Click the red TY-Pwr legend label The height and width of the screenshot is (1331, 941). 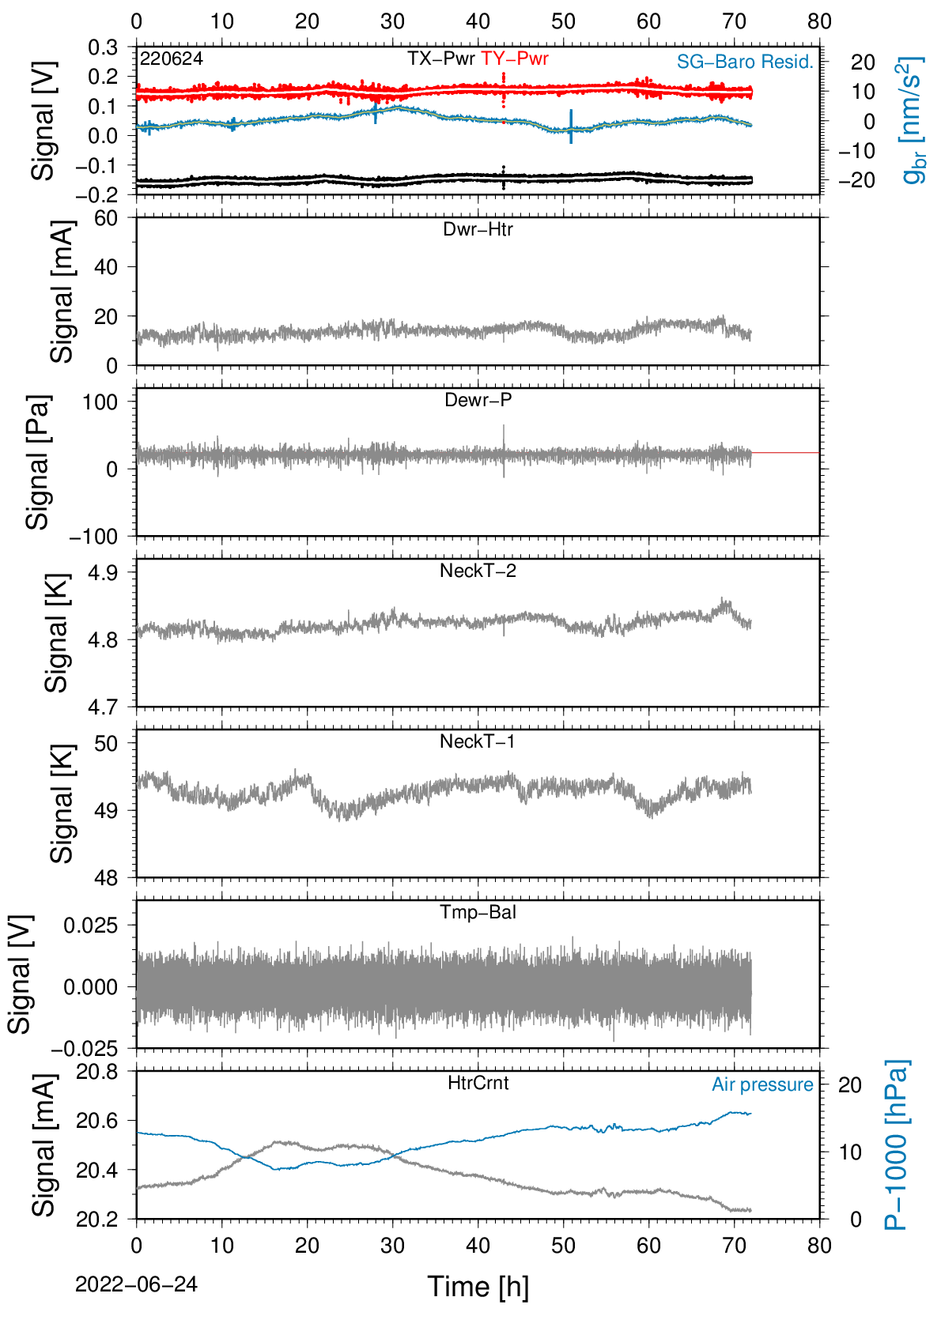(x=514, y=58)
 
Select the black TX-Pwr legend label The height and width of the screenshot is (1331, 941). (x=440, y=58)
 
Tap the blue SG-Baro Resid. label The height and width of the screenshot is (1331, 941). (x=745, y=62)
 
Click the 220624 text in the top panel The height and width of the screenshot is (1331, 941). (x=172, y=58)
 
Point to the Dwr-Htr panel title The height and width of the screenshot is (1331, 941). (x=478, y=229)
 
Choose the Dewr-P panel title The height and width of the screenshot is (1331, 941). (x=478, y=400)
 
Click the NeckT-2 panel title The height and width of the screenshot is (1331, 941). (x=478, y=571)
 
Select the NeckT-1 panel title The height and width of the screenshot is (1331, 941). (x=478, y=741)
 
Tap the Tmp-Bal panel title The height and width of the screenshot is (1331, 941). (x=478, y=912)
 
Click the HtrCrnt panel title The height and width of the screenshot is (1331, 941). (x=478, y=1083)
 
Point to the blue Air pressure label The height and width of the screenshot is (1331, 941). (x=762, y=1085)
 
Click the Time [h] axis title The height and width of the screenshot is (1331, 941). (x=478, y=1287)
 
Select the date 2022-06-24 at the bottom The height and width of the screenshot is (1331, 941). (x=136, y=1284)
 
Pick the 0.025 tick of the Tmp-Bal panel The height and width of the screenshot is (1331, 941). (x=90, y=926)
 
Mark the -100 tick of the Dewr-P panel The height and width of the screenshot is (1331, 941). (x=94, y=537)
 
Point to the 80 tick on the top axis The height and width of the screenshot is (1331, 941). (x=819, y=21)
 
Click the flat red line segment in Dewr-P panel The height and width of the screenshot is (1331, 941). (x=785, y=453)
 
